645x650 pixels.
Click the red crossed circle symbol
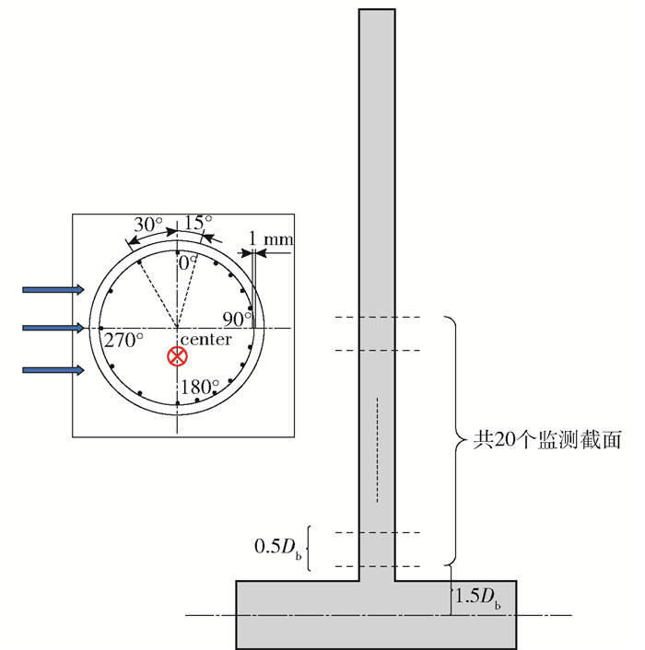tap(177, 356)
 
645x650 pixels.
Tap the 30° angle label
tap(148, 225)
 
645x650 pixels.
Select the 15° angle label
tap(198, 222)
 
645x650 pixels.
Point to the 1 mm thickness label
tap(271, 238)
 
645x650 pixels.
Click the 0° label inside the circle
tap(187, 262)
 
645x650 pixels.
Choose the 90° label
tap(237, 319)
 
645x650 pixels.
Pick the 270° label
tap(123, 341)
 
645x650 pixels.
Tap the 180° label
tap(200, 387)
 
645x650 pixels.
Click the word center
tap(206, 340)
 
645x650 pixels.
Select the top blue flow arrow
tap(53, 290)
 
